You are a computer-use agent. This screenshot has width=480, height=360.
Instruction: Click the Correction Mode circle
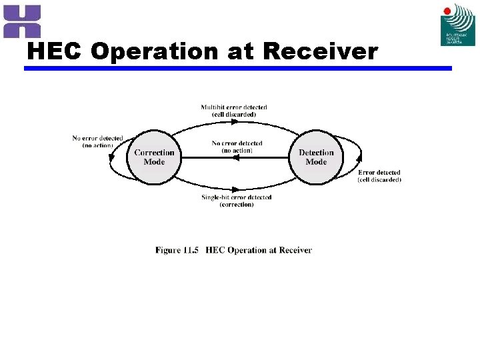[x=154, y=157]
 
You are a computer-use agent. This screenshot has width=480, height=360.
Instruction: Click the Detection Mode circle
[x=316, y=157]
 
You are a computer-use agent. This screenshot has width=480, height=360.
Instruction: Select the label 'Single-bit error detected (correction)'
[x=237, y=201]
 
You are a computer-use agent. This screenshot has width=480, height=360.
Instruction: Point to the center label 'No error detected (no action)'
[x=237, y=147]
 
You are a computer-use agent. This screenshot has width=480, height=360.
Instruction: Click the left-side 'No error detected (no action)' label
[x=97, y=141]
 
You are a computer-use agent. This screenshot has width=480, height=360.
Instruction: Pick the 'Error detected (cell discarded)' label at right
[x=379, y=176]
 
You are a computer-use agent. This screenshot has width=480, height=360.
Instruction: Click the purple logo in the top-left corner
[x=22, y=21]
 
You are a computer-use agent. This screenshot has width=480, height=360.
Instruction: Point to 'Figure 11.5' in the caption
[x=177, y=251]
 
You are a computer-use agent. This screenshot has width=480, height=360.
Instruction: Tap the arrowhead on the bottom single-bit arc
[x=235, y=189]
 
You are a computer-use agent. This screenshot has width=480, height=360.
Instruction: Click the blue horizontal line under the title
[x=238, y=68]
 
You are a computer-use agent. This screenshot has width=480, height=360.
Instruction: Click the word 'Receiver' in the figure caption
[x=295, y=251]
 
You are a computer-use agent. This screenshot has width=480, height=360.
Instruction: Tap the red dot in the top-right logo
[x=447, y=11]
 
